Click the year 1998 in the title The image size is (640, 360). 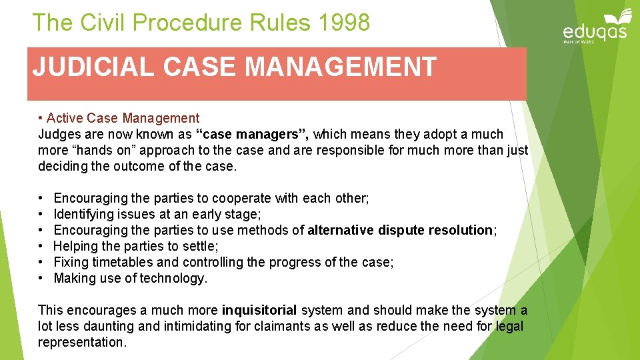[344, 23]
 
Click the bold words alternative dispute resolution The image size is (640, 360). [400, 230]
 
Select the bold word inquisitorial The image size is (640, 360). [260, 310]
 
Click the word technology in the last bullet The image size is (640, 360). [173, 278]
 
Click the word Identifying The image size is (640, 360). [82, 214]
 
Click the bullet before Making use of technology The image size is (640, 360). [41, 278]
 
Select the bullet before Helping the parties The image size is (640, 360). [41, 246]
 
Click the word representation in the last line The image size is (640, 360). [81, 342]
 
